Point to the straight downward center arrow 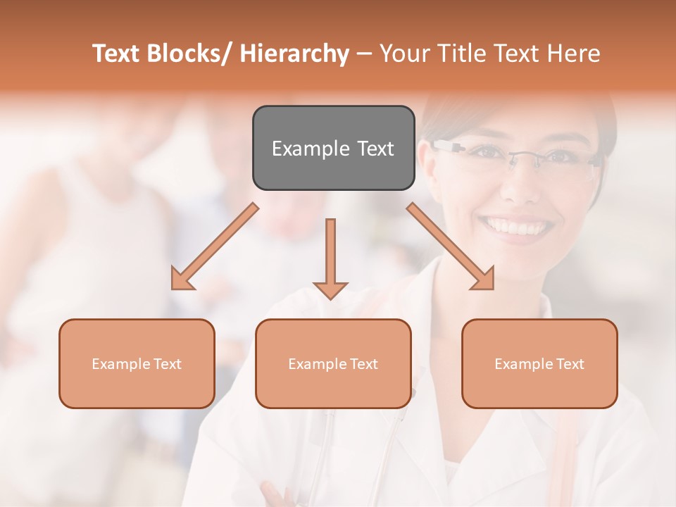click(330, 257)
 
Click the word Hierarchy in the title click(294, 54)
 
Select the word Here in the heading click(575, 54)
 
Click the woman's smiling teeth click(515, 227)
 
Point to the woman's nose click(519, 184)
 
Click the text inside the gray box click(333, 149)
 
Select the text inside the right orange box click(539, 364)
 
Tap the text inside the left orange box click(137, 364)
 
